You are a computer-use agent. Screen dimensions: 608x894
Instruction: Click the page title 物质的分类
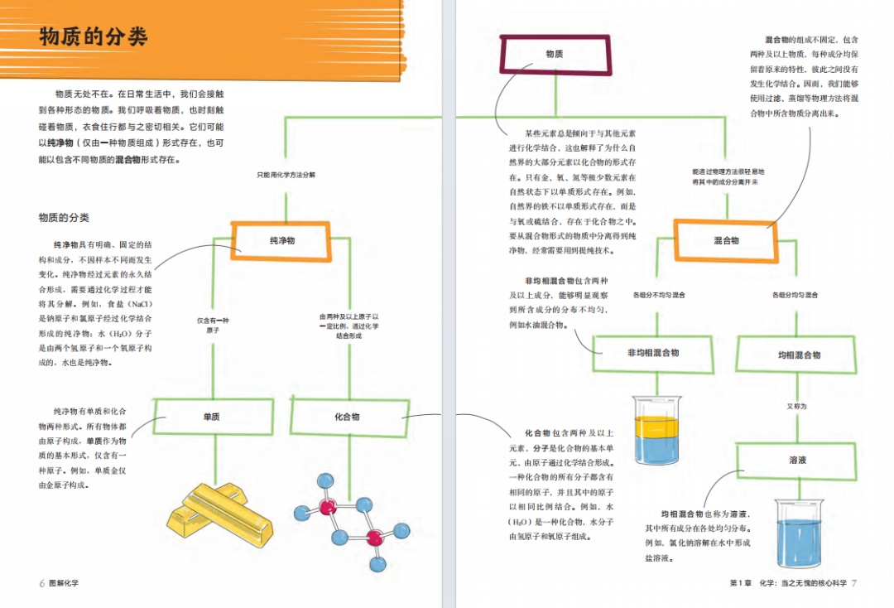pos(93,37)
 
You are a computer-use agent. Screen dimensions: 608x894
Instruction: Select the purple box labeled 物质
pos(554,54)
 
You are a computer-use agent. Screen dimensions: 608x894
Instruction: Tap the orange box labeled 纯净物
pos(282,240)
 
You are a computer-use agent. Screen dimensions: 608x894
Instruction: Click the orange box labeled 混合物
pos(725,240)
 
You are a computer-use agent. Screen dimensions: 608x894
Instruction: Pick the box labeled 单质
pos(212,417)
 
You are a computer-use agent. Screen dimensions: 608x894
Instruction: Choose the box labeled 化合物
pos(347,417)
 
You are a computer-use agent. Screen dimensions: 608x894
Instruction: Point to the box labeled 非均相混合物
pos(653,353)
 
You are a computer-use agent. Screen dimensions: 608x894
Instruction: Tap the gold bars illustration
pos(220,508)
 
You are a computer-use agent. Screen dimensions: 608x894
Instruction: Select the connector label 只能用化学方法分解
pos(286,175)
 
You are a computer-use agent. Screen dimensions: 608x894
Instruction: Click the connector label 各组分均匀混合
pos(795,295)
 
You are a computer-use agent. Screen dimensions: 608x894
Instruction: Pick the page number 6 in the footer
pos(41,583)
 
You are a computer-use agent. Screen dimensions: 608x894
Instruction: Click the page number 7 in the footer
pos(854,583)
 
